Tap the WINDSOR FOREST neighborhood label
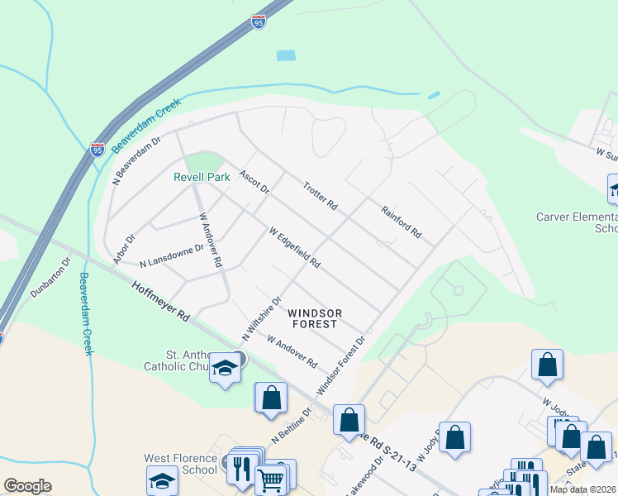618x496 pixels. click(315, 318)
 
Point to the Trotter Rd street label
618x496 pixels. click(321, 195)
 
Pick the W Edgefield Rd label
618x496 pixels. click(295, 247)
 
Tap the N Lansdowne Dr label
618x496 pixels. click(171, 255)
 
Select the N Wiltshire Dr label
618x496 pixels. click(261, 318)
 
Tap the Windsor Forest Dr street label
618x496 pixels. click(341, 364)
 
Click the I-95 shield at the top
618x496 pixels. click(259, 21)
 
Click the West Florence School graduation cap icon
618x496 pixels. click(162, 480)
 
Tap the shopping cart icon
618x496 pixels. click(270, 479)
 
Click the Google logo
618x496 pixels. click(27, 486)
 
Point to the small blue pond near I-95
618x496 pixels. click(286, 55)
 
